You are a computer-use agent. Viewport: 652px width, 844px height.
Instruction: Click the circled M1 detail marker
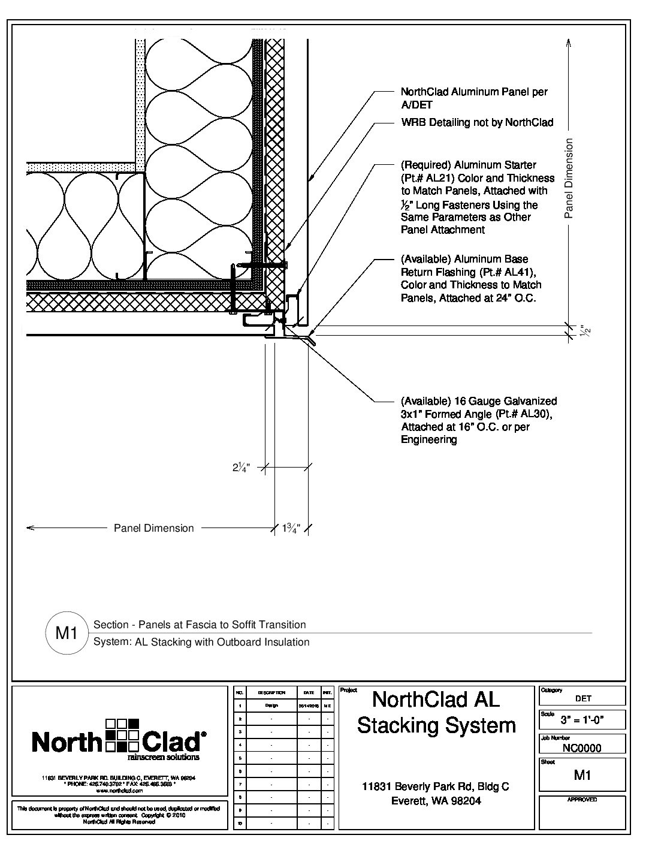click(x=67, y=632)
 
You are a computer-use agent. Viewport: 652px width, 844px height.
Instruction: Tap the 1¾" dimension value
click(x=291, y=528)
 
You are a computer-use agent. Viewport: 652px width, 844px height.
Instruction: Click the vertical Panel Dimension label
click(x=569, y=178)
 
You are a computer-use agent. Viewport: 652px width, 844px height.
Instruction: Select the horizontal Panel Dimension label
click(x=154, y=528)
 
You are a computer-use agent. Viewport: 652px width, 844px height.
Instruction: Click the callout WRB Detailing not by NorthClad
click(x=477, y=122)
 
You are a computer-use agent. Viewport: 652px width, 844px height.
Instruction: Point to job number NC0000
click(x=582, y=747)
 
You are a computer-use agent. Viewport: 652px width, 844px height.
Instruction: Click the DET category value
click(x=583, y=698)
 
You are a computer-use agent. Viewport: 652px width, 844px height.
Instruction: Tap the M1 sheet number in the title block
click(x=582, y=775)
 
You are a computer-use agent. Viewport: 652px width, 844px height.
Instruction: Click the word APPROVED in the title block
click(x=582, y=800)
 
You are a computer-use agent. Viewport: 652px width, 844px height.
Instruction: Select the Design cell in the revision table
click(x=271, y=706)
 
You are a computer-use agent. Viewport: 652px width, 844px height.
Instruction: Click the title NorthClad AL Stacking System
click(x=436, y=712)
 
